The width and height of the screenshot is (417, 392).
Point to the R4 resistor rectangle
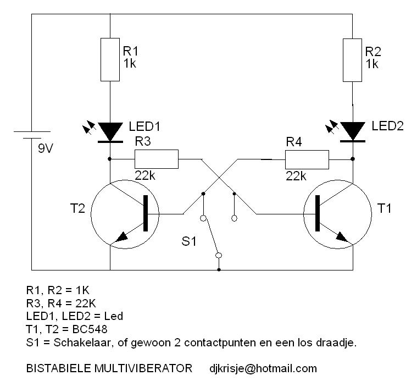pyautogui.click(x=307, y=159)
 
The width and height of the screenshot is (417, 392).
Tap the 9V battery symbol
pyautogui.click(x=32, y=136)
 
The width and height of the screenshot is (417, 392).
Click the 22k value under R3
pyautogui.click(x=146, y=176)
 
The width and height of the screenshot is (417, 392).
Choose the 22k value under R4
pyautogui.click(x=296, y=176)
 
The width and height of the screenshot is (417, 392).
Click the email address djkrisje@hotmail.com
pyautogui.click(x=263, y=368)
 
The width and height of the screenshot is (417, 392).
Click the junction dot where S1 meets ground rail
pyautogui.click(x=219, y=270)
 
